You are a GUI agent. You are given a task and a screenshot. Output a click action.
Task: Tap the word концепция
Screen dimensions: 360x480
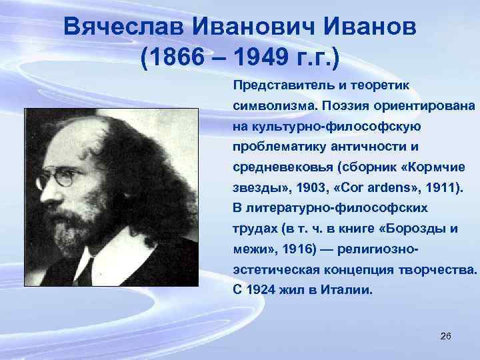pyautogui.click(x=365, y=270)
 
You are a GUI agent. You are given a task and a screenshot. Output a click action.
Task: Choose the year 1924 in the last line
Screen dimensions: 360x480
pyautogui.click(x=265, y=291)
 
